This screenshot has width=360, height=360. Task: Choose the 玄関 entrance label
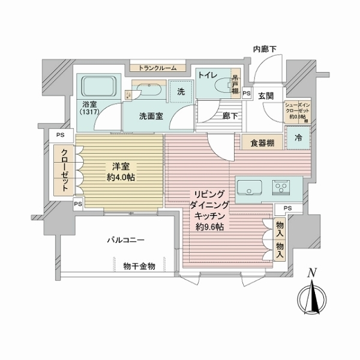point(266,95)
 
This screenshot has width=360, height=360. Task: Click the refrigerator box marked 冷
point(298,137)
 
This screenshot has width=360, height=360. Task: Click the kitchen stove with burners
point(281,188)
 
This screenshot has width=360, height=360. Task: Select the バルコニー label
point(125,240)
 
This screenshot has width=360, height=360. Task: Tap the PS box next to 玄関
point(247,94)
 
